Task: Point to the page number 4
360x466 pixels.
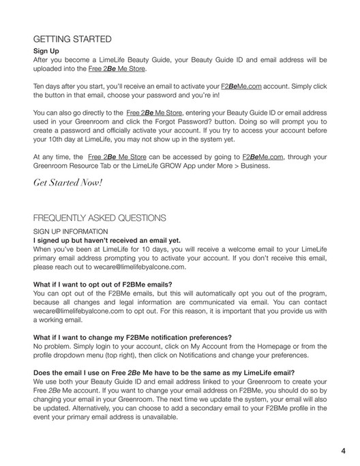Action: click(x=343, y=450)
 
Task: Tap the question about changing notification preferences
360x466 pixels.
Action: click(x=132, y=336)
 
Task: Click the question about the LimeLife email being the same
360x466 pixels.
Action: click(x=164, y=372)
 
